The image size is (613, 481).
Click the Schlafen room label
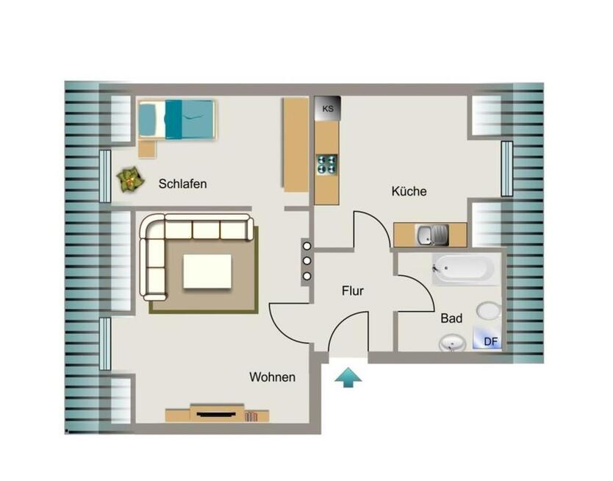click(x=182, y=184)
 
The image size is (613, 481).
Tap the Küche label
click(x=409, y=191)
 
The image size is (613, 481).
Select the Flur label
click(x=353, y=291)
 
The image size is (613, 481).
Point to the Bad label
click(x=451, y=318)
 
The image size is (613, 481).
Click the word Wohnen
click(x=273, y=377)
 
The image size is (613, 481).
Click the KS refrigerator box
click(x=328, y=108)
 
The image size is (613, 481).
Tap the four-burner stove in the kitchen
click(x=327, y=164)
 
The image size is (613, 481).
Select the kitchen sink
click(x=432, y=235)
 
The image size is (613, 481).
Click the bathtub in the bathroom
click(x=463, y=269)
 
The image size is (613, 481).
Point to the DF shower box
click(x=487, y=338)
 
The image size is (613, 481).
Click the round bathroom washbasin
click(x=452, y=343)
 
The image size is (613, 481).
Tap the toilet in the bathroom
click(x=489, y=311)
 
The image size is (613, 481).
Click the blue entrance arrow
click(x=348, y=377)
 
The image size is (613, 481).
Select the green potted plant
click(x=131, y=180)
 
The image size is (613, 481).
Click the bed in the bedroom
click(x=177, y=119)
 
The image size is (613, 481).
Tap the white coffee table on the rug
click(x=207, y=271)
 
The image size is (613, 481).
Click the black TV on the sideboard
click(x=217, y=414)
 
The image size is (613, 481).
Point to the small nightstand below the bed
click(x=148, y=149)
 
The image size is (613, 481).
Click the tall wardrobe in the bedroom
click(x=296, y=145)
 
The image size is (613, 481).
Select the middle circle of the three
click(x=307, y=261)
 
